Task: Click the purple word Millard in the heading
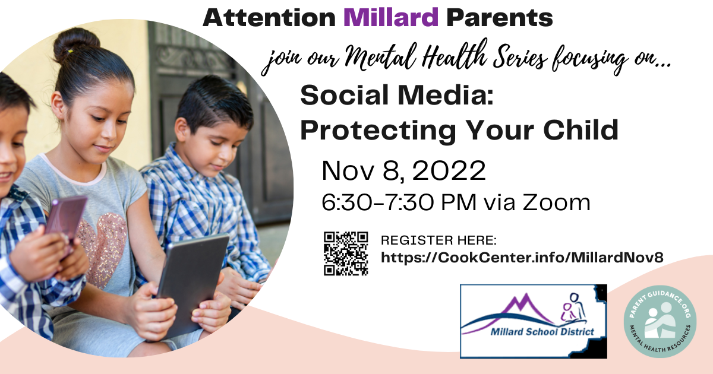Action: pos(391,17)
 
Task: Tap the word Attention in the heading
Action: pos(269,18)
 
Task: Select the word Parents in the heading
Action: pos(500,18)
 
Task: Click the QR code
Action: pos(346,253)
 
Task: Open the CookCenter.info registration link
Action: pos(522,257)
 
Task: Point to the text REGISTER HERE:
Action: pos(438,240)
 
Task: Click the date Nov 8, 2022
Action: pos(403,171)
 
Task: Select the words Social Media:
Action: pos(397,95)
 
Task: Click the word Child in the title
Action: pos(581,129)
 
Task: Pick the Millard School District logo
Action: pos(534,322)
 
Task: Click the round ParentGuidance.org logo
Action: pos(660,322)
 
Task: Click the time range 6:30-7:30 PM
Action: pos(399,202)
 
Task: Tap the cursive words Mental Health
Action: pos(417,56)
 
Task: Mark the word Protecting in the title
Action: pos(378,131)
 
